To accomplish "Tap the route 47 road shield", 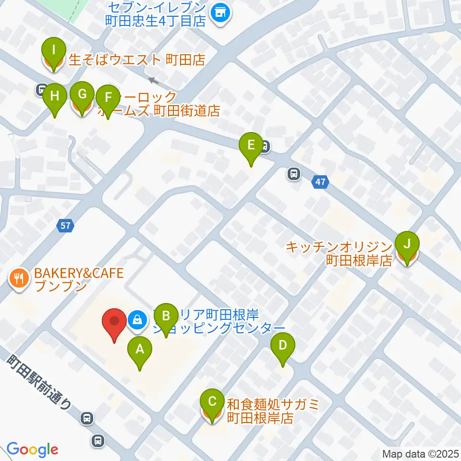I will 320,182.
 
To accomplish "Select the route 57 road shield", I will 66,225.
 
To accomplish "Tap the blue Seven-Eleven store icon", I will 221,12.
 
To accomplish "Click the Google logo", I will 32,449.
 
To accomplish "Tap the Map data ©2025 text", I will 420,453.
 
